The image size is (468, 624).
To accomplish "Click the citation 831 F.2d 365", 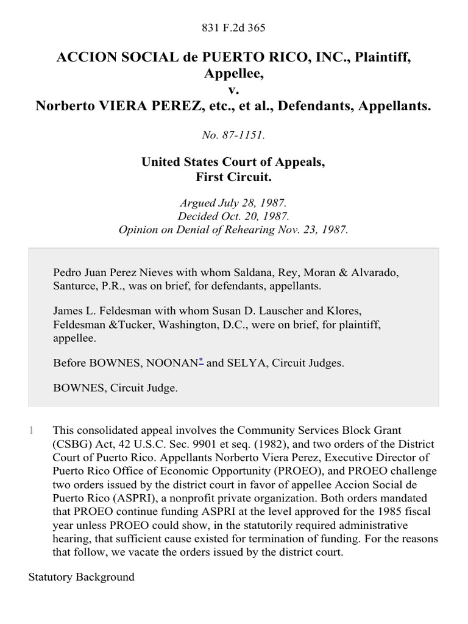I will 233,27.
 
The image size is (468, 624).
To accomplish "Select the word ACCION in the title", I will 81,57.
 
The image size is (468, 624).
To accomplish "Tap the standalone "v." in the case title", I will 233,90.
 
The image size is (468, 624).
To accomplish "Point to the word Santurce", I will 74,285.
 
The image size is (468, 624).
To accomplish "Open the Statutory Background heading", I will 82,576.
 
